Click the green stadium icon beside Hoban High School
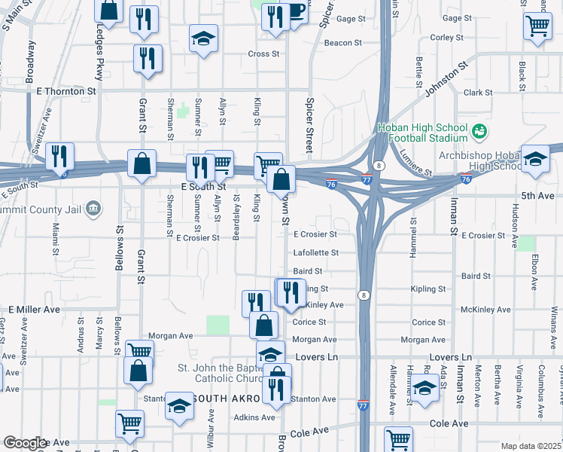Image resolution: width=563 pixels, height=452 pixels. pyautogui.click(x=479, y=133)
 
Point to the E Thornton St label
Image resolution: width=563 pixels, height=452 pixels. pyautogui.click(x=67, y=90)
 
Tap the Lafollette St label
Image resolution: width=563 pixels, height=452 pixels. pyautogui.click(x=315, y=253)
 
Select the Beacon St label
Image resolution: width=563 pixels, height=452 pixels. pyautogui.click(x=344, y=43)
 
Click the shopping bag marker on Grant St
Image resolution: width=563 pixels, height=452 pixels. pyautogui.click(x=142, y=164)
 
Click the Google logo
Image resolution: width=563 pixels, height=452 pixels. pyautogui.click(x=25, y=443)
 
